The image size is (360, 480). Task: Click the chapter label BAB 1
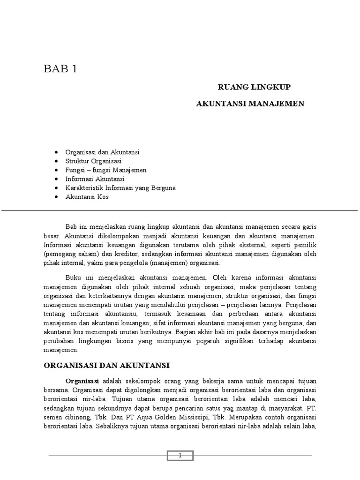tap(60, 69)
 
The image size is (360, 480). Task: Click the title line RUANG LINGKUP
tap(255, 87)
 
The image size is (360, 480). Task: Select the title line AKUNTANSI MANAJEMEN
tap(250, 103)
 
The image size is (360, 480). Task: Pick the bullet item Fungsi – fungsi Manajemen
tap(106, 170)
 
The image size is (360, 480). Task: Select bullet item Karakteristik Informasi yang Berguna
tap(121, 188)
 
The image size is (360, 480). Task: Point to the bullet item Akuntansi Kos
tap(88, 197)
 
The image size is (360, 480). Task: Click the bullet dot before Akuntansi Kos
tap(56, 197)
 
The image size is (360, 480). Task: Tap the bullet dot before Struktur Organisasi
tap(56, 161)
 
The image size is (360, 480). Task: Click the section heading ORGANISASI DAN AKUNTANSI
tap(106, 365)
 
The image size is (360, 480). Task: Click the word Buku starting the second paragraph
tap(74, 277)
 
